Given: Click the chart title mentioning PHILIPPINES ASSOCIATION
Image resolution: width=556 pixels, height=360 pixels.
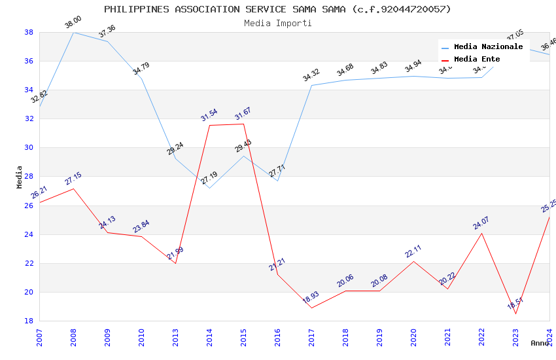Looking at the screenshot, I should point(277,9).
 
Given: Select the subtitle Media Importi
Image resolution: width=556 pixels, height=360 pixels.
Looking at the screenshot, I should point(277,23).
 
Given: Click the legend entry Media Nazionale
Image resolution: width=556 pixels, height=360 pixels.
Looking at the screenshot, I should point(488,47).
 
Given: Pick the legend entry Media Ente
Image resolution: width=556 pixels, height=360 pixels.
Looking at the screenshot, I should point(477,60).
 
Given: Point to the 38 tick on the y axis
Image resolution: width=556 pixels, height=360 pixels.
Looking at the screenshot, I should point(29,32).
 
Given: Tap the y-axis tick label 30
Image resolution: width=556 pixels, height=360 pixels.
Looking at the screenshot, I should point(29,148).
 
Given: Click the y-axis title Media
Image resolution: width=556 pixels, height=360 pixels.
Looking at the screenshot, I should point(20,177).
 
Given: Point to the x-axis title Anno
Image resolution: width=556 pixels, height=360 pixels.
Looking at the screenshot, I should point(540,343).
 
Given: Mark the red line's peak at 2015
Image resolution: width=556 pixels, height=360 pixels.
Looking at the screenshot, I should point(243,124).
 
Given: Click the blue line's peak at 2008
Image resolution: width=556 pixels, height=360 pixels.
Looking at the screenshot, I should point(73,32).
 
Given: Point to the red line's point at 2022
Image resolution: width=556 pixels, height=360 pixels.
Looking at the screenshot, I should point(481,233).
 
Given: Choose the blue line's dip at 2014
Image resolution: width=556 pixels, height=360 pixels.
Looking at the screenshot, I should point(209,188).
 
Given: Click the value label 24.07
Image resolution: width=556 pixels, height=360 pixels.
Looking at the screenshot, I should point(481,223).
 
